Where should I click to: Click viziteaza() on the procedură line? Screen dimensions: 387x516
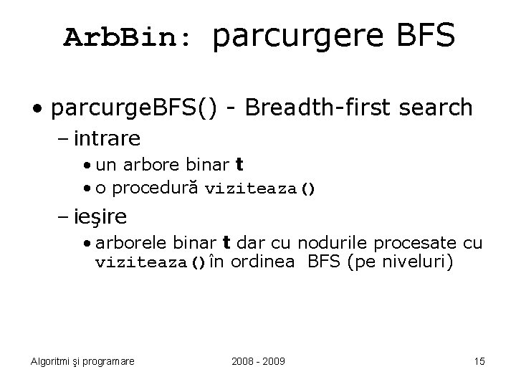pyautogui.click(x=260, y=190)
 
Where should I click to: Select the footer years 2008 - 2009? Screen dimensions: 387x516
pyautogui.click(x=258, y=361)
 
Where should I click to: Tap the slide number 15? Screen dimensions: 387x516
pyautogui.click(x=479, y=361)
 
